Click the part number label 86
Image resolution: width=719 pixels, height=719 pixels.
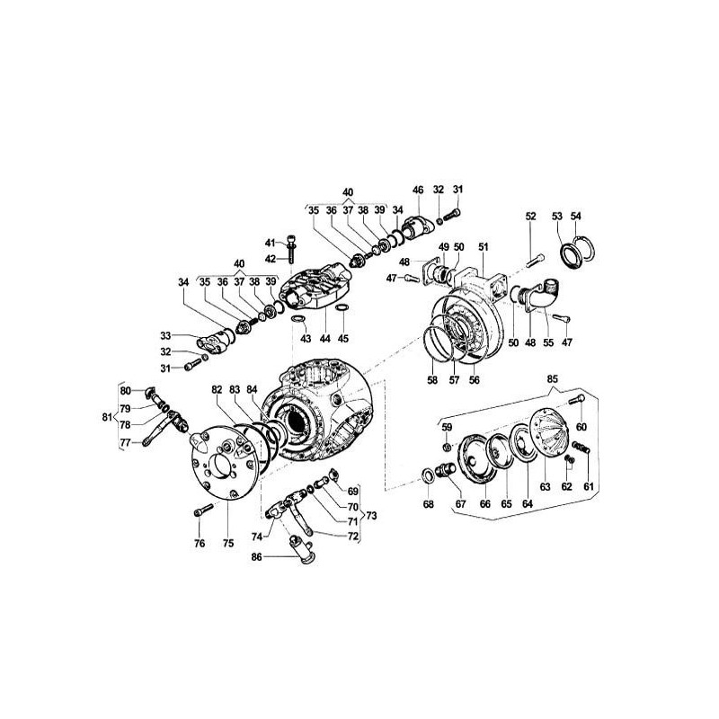pos(256,557)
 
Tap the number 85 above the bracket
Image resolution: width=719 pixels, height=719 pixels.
pos(553,379)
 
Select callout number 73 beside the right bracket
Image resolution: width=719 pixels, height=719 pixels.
pos(371,516)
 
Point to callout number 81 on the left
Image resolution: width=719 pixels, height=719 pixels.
pos(107,417)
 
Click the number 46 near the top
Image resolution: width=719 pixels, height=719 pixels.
pos(418,190)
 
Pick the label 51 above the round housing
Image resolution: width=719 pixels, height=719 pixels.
pos(484,247)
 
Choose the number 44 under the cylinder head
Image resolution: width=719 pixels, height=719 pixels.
pos(324,339)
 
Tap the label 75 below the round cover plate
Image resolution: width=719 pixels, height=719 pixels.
pos(228,544)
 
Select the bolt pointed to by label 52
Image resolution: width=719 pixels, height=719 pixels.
pos(536,260)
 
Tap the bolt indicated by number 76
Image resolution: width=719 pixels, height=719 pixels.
pos(204,510)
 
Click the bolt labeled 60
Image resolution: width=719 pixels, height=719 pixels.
pos(576,399)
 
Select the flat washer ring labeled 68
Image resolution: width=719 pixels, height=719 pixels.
pos(429,475)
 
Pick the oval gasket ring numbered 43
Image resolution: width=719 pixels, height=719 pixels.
pos(298,319)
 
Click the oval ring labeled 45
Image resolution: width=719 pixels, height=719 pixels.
pos(342,307)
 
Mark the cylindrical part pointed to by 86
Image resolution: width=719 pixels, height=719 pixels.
pos(300,549)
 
